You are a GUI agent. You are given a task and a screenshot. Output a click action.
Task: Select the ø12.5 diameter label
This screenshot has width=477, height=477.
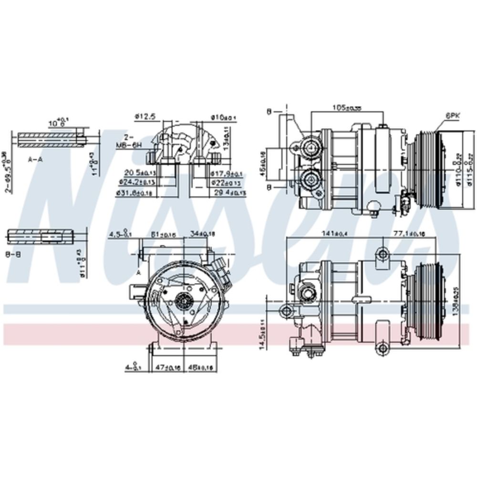point(143,116)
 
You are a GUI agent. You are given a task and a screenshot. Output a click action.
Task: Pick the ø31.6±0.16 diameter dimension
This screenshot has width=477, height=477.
point(134,193)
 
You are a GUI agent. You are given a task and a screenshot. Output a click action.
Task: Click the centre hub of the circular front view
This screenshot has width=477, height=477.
point(183,300)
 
